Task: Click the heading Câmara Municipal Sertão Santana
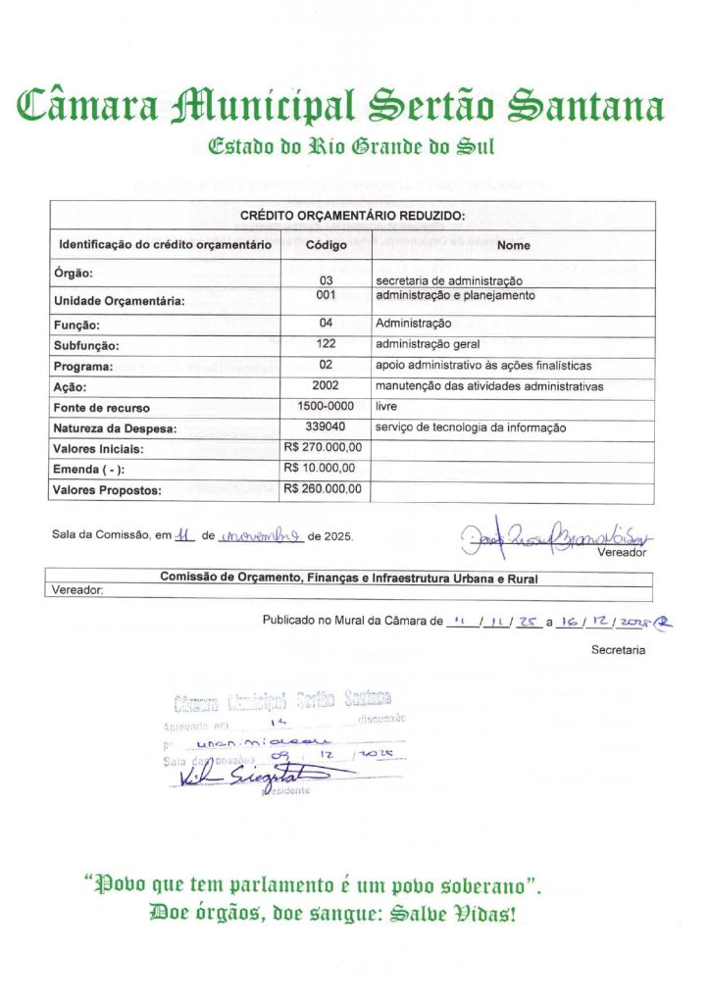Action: pyautogui.click(x=340, y=105)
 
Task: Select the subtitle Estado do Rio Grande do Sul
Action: pyautogui.click(x=351, y=147)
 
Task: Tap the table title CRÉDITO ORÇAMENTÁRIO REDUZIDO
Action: pyautogui.click(x=352, y=216)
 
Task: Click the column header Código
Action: pyautogui.click(x=326, y=245)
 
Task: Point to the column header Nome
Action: pyautogui.click(x=513, y=245)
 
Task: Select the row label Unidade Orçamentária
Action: pyautogui.click(x=119, y=301)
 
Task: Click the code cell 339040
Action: pyautogui.click(x=326, y=427)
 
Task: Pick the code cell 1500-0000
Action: pyautogui.click(x=326, y=406)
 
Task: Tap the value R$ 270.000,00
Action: pyautogui.click(x=323, y=448)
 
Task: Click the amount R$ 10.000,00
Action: pyautogui.click(x=319, y=469)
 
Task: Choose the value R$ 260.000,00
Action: pyautogui.click(x=323, y=489)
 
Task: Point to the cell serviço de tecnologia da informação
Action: pyautogui.click(x=471, y=428)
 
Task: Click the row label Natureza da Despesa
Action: pyautogui.click(x=114, y=428)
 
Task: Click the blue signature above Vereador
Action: pyautogui.click(x=554, y=535)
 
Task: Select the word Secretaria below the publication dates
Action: pyautogui.click(x=618, y=650)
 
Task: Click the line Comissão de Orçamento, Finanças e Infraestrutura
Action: pyautogui.click(x=349, y=578)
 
